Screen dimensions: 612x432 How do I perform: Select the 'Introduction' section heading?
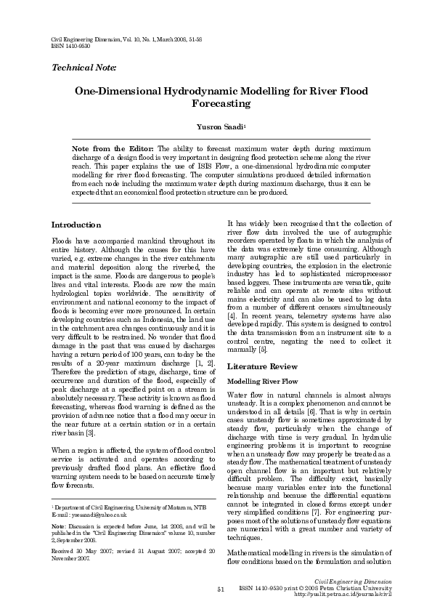click(x=76, y=225)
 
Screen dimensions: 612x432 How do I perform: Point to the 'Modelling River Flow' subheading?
click(x=263, y=382)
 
